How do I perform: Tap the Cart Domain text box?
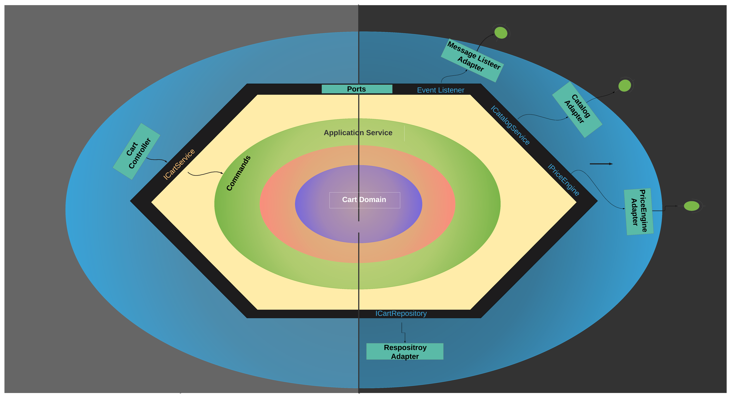tap(364, 200)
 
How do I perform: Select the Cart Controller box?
tap(136, 151)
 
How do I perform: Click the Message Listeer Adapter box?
tap(472, 60)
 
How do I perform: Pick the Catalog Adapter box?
tap(577, 110)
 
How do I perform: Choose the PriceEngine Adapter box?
tap(639, 211)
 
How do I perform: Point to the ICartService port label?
tap(179, 164)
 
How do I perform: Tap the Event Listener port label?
tap(440, 90)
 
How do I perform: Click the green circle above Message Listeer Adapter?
tap(501, 33)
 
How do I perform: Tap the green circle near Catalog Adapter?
tap(625, 86)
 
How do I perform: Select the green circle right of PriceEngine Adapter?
tap(691, 206)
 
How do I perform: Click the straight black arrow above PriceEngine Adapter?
tap(601, 164)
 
